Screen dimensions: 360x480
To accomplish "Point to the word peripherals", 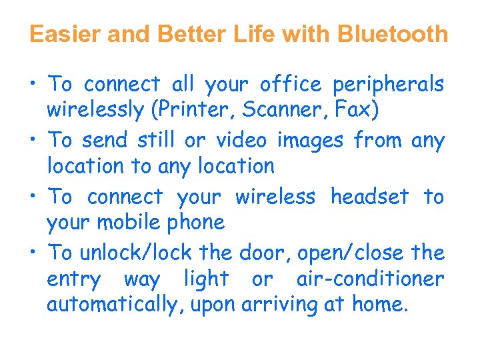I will click(388, 85).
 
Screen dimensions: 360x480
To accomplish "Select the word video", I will click(236, 140).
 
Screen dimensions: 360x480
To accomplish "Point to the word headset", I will click(370, 197).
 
